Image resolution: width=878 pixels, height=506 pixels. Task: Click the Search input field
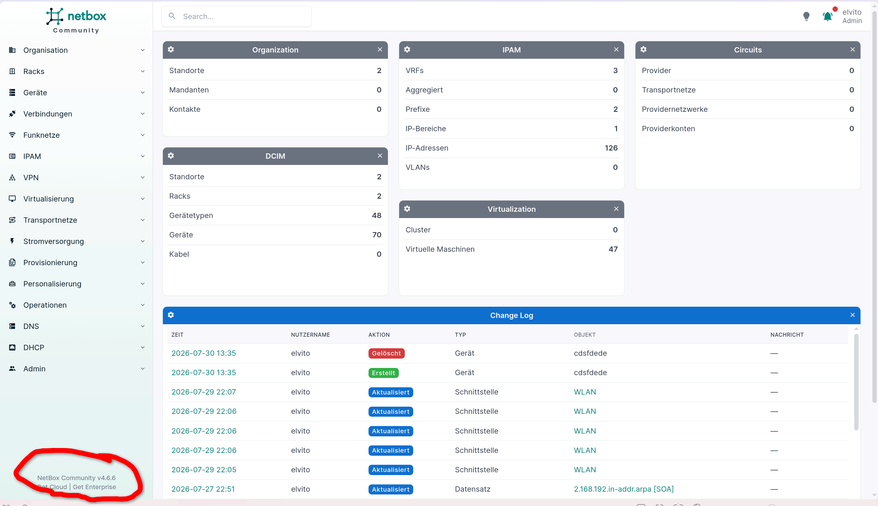pyautogui.click(x=236, y=16)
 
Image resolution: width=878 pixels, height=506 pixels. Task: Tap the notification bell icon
pyautogui.click(x=828, y=16)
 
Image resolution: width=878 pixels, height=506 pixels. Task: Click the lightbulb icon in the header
pyautogui.click(x=806, y=16)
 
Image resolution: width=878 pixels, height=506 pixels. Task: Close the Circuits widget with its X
pyautogui.click(x=852, y=50)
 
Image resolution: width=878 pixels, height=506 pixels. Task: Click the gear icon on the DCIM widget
pyautogui.click(x=171, y=156)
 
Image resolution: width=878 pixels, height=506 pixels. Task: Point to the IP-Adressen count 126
pyautogui.click(x=611, y=148)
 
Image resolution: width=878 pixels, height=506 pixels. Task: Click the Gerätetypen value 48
pyautogui.click(x=377, y=216)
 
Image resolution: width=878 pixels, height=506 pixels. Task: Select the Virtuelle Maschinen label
pyautogui.click(x=440, y=249)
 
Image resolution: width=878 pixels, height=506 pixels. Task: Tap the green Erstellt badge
pyautogui.click(x=383, y=373)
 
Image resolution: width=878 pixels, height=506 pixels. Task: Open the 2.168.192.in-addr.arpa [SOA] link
pyautogui.click(x=624, y=489)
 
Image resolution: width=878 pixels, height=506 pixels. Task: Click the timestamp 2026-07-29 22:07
pyautogui.click(x=204, y=392)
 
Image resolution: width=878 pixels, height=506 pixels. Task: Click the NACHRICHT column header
pyautogui.click(x=787, y=335)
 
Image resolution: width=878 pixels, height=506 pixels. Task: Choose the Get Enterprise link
pyautogui.click(x=94, y=487)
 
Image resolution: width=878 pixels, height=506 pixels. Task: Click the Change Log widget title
pyautogui.click(x=511, y=315)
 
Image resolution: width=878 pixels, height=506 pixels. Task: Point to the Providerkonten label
pyautogui.click(x=668, y=129)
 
